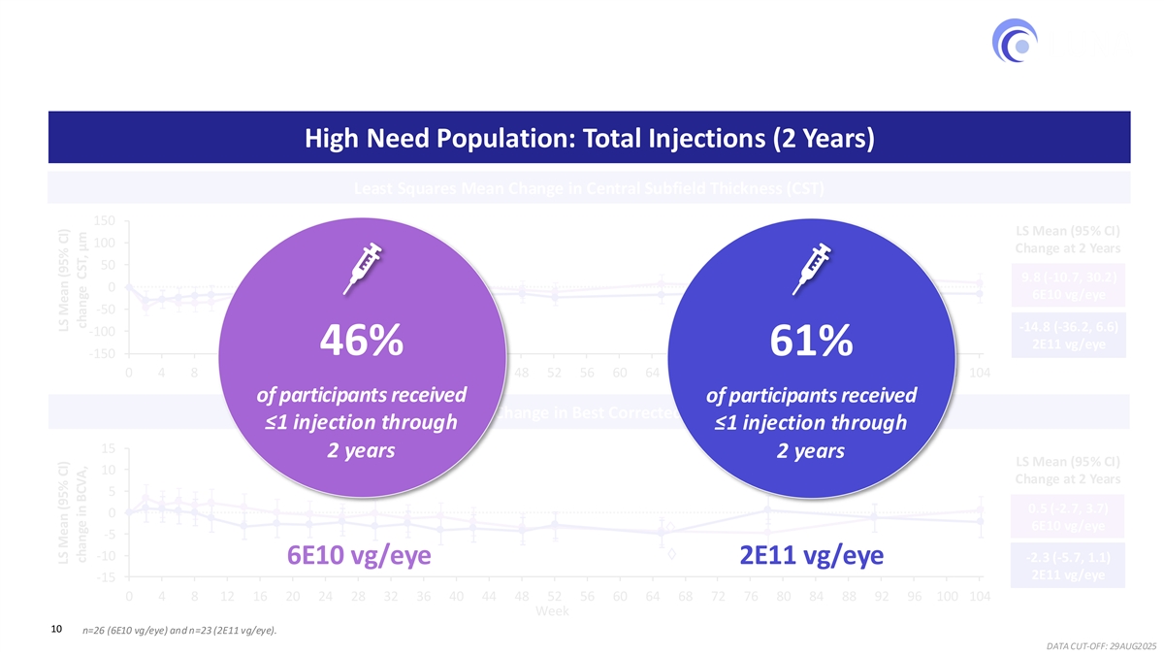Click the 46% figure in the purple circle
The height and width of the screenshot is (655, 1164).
point(361,341)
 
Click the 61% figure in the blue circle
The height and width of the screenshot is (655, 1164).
point(812,341)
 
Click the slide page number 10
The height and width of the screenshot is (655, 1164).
point(57,631)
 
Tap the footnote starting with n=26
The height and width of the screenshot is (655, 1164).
point(180,633)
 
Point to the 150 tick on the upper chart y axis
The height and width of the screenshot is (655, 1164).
point(106,220)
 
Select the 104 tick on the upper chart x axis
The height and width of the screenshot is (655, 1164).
point(979,371)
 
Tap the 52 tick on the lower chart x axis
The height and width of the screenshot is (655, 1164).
point(554,596)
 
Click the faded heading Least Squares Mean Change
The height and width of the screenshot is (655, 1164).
point(589,188)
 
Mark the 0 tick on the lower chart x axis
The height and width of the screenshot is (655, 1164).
point(129,596)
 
